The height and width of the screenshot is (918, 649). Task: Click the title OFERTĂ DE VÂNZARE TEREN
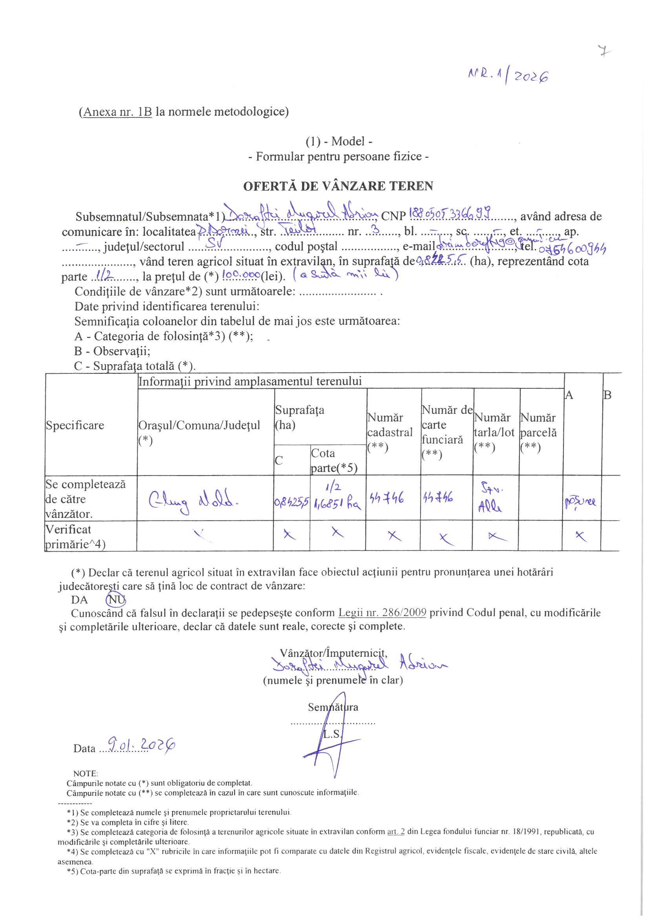coord(338,186)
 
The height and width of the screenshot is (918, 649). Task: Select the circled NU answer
coord(116,600)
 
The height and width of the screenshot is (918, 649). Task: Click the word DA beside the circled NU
coord(80,600)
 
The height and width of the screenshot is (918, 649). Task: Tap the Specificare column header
coord(75,425)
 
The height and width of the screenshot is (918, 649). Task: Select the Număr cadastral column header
coord(389,432)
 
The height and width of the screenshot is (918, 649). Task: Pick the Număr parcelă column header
coord(538,432)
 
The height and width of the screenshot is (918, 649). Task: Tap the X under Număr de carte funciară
coord(446,539)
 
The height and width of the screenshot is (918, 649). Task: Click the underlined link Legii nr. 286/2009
coord(382,613)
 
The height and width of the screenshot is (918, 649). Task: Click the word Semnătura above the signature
coord(333,707)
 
